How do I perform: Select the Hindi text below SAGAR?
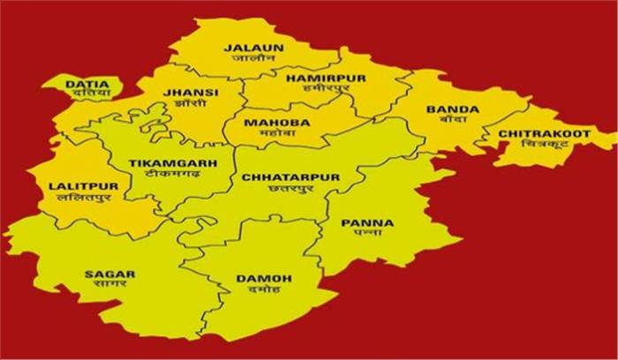click(x=109, y=286)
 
